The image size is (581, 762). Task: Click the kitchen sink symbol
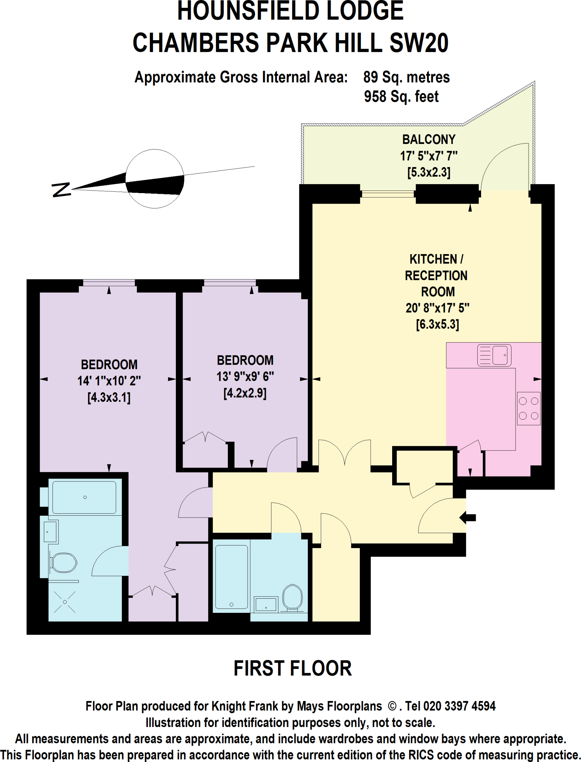[494, 355]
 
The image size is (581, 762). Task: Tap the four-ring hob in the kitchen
[529, 408]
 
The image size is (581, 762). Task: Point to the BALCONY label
[429, 140]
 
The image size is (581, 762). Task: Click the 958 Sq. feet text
[401, 97]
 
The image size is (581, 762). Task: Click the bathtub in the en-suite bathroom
[84, 497]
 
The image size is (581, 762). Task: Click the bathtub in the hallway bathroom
[231, 577]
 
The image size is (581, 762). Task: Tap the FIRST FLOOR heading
[293, 668]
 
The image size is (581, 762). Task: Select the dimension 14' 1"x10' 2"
[109, 381]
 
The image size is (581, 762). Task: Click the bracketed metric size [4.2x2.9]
[245, 393]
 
